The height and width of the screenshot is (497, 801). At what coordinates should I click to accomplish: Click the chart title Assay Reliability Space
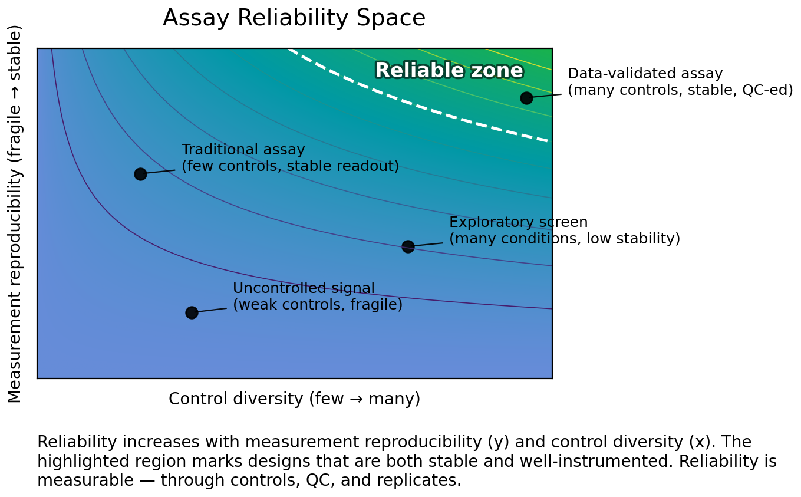pos(294,18)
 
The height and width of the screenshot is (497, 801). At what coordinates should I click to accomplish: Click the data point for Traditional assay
pos(140,174)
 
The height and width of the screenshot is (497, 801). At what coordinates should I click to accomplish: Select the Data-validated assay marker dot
pos(526,98)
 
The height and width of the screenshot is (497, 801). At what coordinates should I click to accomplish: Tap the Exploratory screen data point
pos(408,246)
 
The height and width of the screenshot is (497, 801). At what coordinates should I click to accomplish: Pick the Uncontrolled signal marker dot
pos(192,312)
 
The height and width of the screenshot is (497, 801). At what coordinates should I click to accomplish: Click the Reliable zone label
pos(449,71)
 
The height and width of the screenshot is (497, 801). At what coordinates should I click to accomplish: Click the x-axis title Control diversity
pos(294,399)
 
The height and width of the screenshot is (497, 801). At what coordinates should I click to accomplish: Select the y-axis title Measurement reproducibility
pos(15,213)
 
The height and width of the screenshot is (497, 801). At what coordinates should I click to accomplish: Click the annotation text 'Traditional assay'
pos(243,150)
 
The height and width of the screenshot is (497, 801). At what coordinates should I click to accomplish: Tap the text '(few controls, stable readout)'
pos(290,167)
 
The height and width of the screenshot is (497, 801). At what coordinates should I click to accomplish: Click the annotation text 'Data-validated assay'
pos(645,74)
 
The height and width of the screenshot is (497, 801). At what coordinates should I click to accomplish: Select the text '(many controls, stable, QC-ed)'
pos(680,91)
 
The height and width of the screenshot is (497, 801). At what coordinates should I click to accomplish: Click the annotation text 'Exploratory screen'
pos(518,223)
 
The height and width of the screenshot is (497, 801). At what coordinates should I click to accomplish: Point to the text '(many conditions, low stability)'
pos(564,239)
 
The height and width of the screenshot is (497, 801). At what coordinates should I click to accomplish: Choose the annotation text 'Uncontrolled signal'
pos(304,289)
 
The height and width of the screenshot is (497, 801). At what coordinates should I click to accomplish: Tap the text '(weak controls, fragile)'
pos(317,305)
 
